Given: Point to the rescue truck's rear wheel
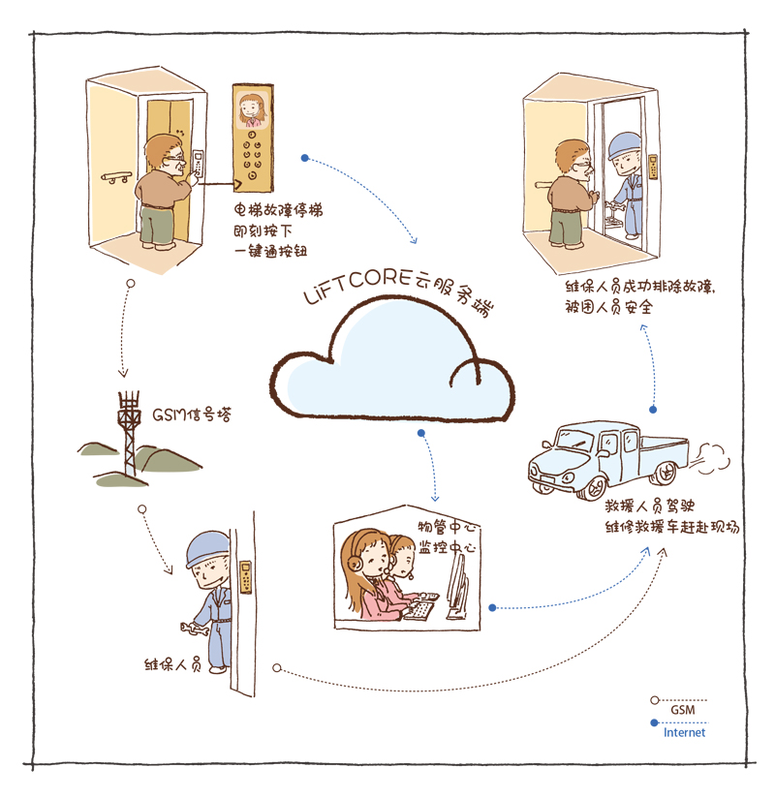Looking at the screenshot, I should [665, 473].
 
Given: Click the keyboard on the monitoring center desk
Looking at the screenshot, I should [421, 610].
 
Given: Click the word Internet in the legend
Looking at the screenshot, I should [684, 733].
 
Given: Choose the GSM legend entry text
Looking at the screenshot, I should [682, 710].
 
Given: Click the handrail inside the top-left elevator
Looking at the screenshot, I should [117, 177].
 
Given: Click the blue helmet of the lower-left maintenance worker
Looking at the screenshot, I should [207, 548].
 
